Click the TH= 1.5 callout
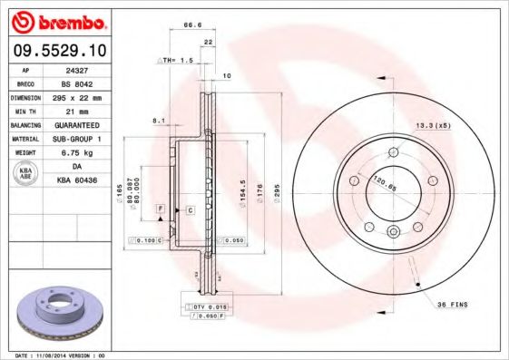pyautogui.click(x=178, y=60)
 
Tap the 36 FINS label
pyautogui.click(x=451, y=305)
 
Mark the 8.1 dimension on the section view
pyautogui.click(x=160, y=120)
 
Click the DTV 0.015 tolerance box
pyautogui.click(x=206, y=308)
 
